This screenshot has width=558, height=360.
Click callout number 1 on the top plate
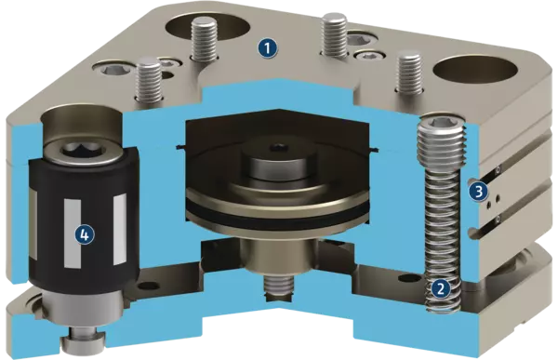pos(267,48)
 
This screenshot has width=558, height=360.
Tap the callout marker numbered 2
pos(441,288)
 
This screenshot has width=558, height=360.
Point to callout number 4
pos(85,234)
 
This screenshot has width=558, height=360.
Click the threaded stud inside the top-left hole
pos(204,39)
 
